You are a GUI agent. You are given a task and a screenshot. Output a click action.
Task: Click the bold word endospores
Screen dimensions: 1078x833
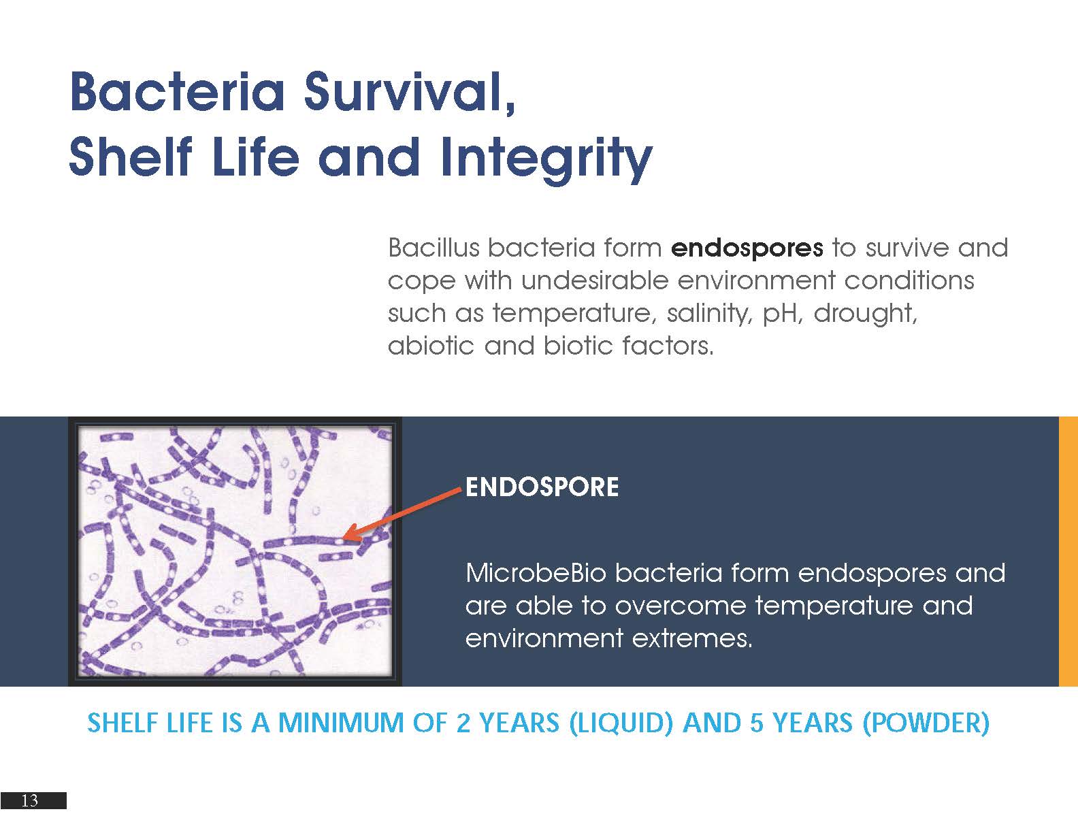pyautogui.click(x=747, y=248)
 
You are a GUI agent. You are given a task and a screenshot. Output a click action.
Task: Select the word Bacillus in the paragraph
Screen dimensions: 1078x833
pyautogui.click(x=434, y=247)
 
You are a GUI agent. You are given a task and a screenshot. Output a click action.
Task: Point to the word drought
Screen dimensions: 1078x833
pyautogui.click(x=865, y=314)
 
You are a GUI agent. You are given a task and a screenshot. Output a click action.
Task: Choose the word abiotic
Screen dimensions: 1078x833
pyautogui.click(x=431, y=346)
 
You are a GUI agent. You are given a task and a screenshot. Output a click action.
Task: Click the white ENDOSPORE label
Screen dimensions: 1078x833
pyautogui.click(x=542, y=487)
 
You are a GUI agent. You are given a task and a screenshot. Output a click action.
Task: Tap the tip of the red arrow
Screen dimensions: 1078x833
pyautogui.click(x=343, y=538)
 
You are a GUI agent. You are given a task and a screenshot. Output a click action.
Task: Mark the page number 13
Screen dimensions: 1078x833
pyautogui.click(x=30, y=800)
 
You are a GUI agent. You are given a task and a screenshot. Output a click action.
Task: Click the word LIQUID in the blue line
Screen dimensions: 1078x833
pyautogui.click(x=621, y=722)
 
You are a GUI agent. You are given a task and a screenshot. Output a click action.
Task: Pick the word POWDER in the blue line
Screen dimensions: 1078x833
pyautogui.click(x=926, y=722)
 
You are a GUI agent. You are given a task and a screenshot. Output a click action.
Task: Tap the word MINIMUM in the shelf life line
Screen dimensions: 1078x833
pyautogui.click(x=341, y=722)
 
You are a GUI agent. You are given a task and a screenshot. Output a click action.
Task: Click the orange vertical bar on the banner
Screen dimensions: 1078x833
pyautogui.click(x=1068, y=551)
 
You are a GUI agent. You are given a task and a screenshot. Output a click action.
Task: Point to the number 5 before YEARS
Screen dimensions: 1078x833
pyautogui.click(x=756, y=722)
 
